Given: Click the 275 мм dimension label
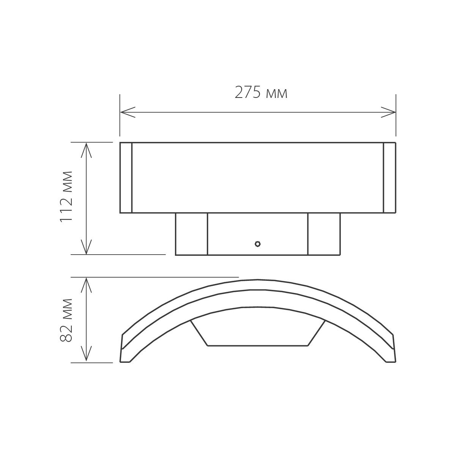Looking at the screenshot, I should click(261, 92).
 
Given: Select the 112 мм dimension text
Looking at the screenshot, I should click(67, 197).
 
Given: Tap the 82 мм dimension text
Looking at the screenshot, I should click(67, 320).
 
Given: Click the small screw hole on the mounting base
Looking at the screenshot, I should click(258, 244).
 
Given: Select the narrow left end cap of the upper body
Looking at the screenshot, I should click(126, 178).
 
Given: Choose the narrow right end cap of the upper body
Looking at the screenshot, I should click(389, 178).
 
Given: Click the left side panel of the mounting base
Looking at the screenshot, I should click(191, 234).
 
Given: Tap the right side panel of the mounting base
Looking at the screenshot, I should click(324, 234).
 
